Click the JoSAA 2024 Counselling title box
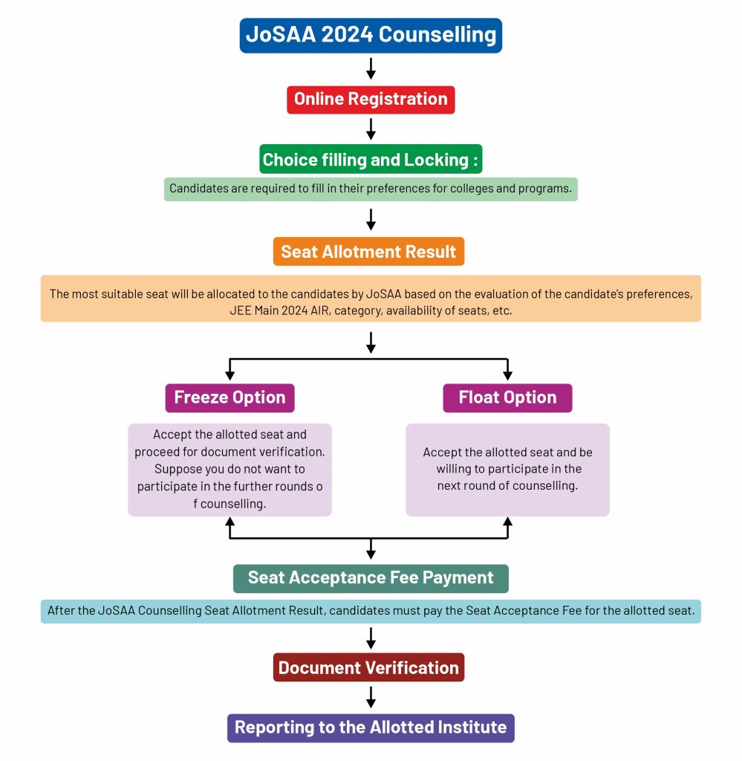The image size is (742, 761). tap(371, 36)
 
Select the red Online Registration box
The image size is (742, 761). tap(371, 99)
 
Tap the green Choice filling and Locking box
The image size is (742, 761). tap(371, 160)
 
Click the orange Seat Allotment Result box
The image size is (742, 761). tap(368, 252)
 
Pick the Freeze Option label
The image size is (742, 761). tap(230, 398)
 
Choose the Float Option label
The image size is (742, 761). tap(507, 398)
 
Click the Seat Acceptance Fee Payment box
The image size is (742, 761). tap(371, 578)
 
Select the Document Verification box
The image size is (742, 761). tap(368, 667)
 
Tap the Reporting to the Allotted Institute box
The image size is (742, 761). tap(371, 727)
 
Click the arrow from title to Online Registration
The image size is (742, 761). tap(371, 68)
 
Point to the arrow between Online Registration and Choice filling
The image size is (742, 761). tap(371, 129)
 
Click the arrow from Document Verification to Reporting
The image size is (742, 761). tap(371, 697)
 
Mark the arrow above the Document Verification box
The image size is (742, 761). tap(371, 638)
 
